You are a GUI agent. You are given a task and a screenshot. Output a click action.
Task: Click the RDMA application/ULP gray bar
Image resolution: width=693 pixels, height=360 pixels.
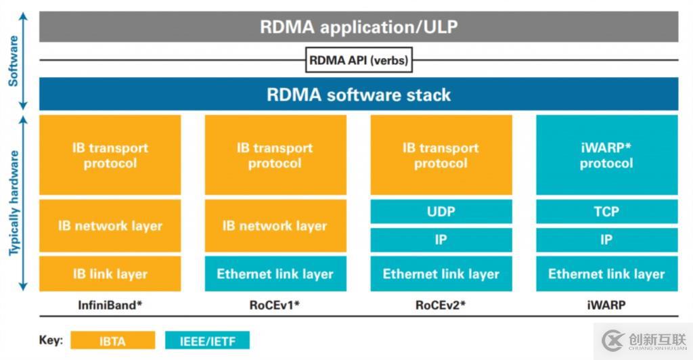[359, 28]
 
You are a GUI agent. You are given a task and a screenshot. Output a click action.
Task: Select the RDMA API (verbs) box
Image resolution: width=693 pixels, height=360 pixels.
[359, 60]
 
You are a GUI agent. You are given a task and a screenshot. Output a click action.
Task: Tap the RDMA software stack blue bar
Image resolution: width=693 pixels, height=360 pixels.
[359, 94]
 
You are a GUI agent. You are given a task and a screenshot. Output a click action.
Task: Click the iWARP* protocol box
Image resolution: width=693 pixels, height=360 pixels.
[606, 156]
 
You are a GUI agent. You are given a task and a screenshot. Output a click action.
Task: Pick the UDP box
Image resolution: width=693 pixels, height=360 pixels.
[441, 212]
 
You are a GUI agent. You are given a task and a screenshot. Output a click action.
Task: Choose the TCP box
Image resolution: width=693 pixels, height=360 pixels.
[606, 212]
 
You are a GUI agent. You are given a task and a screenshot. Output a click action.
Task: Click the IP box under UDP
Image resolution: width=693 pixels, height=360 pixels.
[441, 240]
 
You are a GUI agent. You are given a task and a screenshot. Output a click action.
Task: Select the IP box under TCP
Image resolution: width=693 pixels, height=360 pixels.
[606, 240]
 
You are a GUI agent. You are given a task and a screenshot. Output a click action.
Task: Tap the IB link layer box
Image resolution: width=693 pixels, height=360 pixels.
[110, 274]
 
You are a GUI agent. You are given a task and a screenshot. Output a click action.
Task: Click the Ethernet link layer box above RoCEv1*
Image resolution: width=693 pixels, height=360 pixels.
[275, 274]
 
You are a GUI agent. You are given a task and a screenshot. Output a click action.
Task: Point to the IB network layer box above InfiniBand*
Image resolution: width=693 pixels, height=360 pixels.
[110, 226]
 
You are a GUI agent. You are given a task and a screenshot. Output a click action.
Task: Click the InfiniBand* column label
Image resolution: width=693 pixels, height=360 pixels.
[110, 305]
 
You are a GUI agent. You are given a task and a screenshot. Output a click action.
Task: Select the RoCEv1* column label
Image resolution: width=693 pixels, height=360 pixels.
[274, 305]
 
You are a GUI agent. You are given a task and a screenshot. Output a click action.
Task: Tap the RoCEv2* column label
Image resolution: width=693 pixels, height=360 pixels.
[441, 305]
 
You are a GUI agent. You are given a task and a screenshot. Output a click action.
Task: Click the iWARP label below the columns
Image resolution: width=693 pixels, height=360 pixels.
[606, 305]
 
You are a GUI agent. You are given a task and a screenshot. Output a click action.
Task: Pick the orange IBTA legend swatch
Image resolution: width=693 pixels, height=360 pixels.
[112, 340]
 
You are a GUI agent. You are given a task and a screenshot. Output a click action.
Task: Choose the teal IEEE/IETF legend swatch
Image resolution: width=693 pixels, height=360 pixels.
[207, 340]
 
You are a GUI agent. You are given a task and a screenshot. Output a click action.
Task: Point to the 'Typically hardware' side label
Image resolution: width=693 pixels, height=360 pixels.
[14, 203]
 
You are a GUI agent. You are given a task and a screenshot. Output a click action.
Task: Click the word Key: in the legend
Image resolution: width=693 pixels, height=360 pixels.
[51, 340]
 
